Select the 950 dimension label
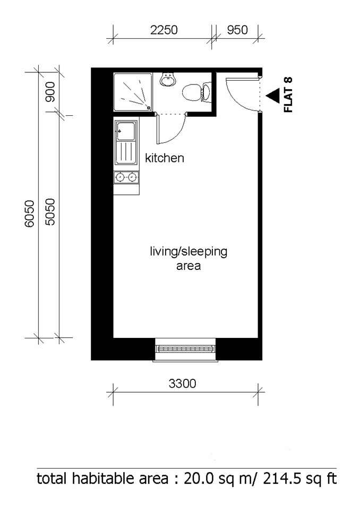pyautogui.click(x=237, y=30)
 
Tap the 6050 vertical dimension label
pyautogui.click(x=30, y=214)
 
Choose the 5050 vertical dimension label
pyautogui.click(x=50, y=214)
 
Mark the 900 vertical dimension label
pyautogui.click(x=50, y=95)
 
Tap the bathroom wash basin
pyautogui.click(x=168, y=80)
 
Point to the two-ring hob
pyautogui.click(x=126, y=177)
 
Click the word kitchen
pyautogui.click(x=165, y=158)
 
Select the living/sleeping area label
pyautogui.click(x=188, y=258)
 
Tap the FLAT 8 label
pyautogui.click(x=289, y=95)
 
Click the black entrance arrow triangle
pyautogui.click(x=273, y=95)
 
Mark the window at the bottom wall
pyautogui.click(x=185, y=348)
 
